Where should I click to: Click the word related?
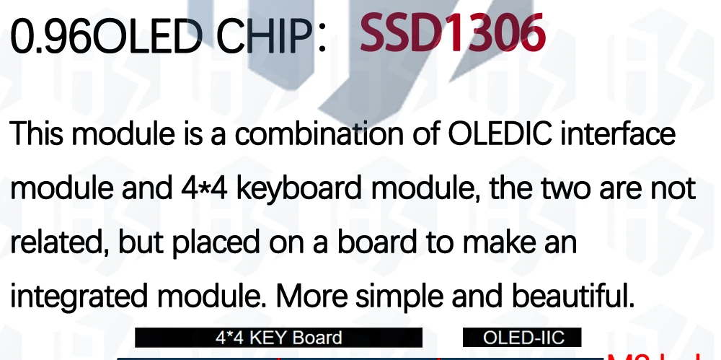(56, 242)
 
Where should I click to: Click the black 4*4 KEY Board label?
(278, 338)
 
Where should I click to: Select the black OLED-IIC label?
(522, 338)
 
